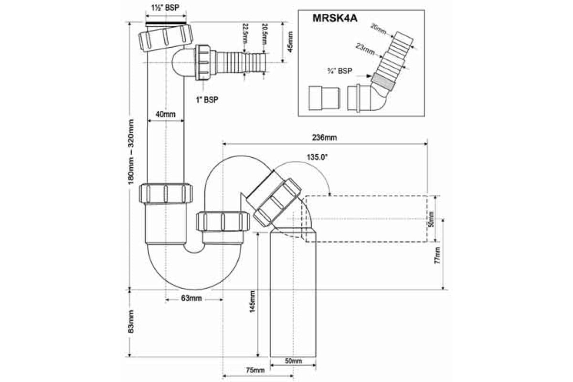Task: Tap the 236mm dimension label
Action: [325, 138]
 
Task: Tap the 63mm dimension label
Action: [191, 298]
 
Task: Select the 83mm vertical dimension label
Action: [131, 322]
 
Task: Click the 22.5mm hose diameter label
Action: [245, 34]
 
